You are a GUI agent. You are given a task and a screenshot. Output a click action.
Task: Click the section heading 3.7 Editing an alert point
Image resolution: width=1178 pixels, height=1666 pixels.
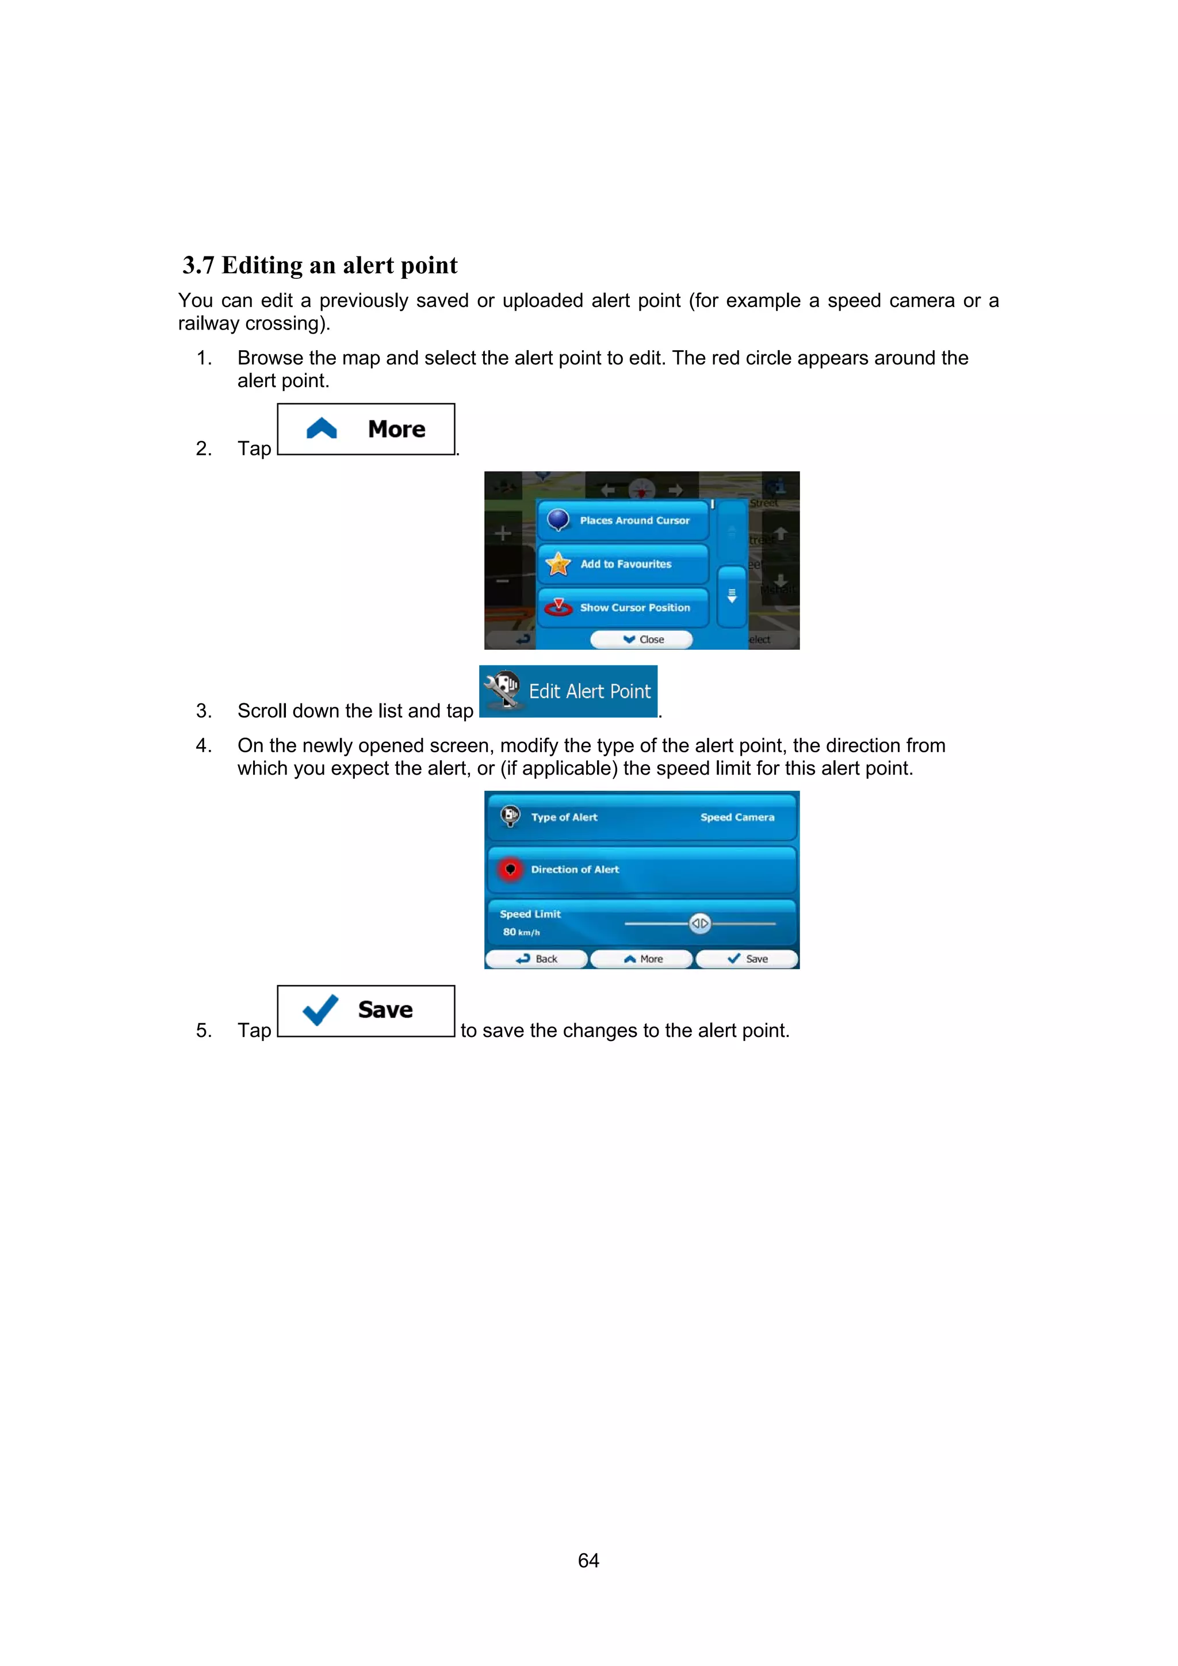(x=320, y=266)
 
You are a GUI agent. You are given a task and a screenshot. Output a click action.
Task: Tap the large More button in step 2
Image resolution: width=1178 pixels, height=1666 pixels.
(x=366, y=430)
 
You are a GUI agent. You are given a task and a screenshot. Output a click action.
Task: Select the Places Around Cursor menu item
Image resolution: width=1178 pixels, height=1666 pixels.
(x=623, y=520)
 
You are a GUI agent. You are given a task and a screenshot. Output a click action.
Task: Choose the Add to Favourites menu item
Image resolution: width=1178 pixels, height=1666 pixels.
(x=623, y=564)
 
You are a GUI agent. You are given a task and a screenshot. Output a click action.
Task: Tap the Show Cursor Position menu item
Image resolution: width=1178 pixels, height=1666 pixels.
(x=623, y=607)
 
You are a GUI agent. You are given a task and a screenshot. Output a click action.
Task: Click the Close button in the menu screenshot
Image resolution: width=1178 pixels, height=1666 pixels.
(x=641, y=639)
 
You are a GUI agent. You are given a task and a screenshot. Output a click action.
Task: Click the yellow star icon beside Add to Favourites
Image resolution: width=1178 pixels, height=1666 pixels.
(x=558, y=564)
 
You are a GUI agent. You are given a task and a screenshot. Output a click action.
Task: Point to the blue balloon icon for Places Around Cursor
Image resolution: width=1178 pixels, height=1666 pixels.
(x=557, y=519)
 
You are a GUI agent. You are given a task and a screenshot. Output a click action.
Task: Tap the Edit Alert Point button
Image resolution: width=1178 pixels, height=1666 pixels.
(x=568, y=691)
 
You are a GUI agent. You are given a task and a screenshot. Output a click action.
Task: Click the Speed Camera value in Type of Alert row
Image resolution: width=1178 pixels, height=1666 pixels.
(x=737, y=817)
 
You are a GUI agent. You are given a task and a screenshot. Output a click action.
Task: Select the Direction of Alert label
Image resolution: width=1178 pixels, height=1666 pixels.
(x=575, y=870)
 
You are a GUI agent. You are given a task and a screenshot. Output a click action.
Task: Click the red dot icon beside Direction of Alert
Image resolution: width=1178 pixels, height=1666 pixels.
(x=510, y=870)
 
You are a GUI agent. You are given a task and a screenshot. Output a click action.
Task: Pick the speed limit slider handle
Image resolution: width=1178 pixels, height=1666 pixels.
(x=699, y=923)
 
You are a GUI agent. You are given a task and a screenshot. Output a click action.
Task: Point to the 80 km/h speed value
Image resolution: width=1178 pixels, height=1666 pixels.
(x=521, y=932)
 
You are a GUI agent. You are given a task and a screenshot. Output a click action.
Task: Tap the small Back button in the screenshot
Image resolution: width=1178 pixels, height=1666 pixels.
(x=537, y=959)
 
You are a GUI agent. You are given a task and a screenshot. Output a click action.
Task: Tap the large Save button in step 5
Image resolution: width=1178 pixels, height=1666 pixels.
(x=366, y=1011)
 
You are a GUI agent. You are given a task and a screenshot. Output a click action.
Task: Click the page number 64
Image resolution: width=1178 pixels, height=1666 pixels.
(x=588, y=1560)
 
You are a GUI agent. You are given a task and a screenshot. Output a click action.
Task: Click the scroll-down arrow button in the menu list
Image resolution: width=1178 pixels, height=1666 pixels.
(x=732, y=596)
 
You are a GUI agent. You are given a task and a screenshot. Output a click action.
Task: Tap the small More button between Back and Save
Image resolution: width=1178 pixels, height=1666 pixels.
(x=642, y=959)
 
